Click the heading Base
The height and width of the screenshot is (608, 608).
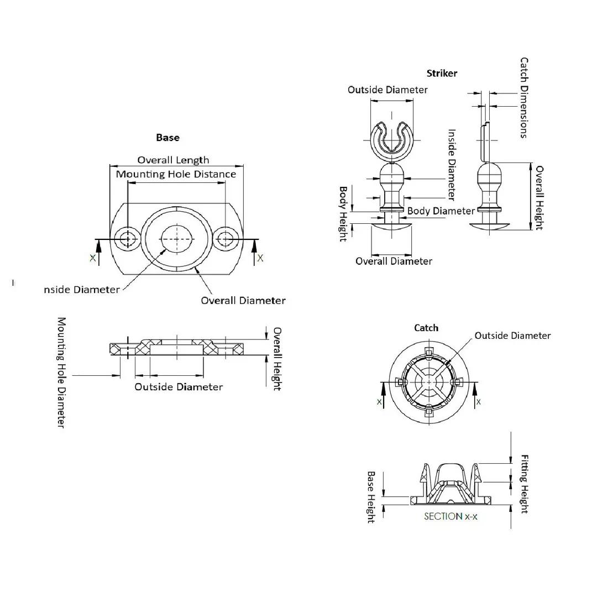[167, 138]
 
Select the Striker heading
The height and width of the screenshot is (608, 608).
[442, 74]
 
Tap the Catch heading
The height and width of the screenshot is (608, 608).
[426, 328]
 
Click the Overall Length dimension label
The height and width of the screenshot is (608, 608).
[174, 160]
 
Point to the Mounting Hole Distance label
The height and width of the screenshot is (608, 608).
[176, 174]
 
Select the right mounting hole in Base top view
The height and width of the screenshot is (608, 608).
[226, 239]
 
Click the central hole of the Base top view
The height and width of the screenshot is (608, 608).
[177, 239]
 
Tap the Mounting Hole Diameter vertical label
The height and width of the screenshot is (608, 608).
[61, 373]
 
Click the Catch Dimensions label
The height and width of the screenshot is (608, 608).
[524, 98]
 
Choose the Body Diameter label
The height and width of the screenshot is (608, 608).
[441, 211]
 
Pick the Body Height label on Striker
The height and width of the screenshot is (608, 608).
[343, 214]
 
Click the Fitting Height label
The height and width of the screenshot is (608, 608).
[524, 484]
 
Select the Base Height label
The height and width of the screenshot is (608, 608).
[371, 497]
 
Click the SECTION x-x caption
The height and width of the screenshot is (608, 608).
[450, 516]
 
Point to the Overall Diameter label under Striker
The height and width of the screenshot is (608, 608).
[394, 261]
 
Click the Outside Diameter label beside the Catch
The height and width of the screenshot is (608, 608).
[512, 336]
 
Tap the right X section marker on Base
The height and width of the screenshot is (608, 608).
[260, 258]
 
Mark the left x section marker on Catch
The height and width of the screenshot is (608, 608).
[379, 402]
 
